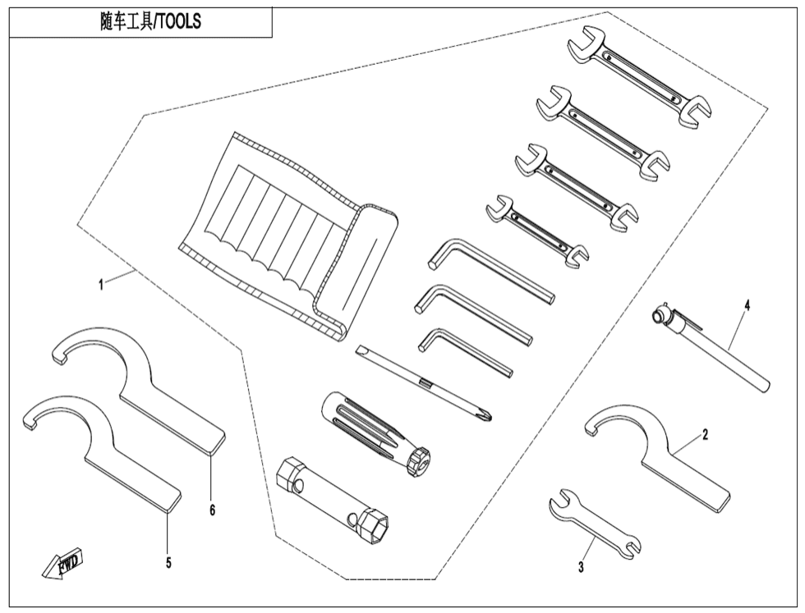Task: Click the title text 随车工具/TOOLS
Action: coord(146,22)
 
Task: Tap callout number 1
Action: coord(100,285)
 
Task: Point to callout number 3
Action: coord(581,565)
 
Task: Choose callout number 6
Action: coord(212,510)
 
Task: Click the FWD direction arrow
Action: coord(62,565)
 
